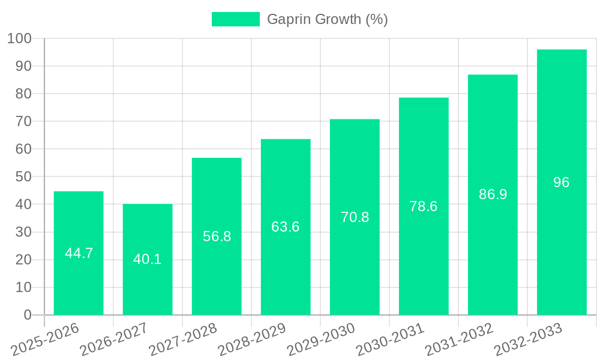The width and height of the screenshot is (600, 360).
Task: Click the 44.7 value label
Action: click(x=79, y=253)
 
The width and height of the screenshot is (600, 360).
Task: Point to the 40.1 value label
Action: click(x=148, y=259)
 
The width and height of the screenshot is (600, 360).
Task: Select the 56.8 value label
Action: click(x=217, y=236)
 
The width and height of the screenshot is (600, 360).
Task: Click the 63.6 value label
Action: click(x=286, y=227)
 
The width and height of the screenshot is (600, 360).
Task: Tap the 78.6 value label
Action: click(x=424, y=206)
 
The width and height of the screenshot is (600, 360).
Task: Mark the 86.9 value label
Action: click(x=493, y=194)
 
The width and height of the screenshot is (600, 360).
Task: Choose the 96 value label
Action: click(x=562, y=182)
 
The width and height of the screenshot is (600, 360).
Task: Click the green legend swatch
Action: click(x=236, y=19)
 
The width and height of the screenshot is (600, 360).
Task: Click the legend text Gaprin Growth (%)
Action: click(x=327, y=19)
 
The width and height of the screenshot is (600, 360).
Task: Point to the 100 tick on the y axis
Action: click(x=19, y=38)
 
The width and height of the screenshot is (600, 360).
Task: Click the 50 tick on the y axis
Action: click(x=23, y=176)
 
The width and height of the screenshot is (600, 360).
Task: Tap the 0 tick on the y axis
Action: click(x=28, y=315)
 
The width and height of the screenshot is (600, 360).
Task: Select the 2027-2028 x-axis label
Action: click(x=183, y=340)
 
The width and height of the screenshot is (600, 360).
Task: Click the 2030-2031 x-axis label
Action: click(x=390, y=340)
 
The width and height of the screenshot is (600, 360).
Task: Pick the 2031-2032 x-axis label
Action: click(x=459, y=340)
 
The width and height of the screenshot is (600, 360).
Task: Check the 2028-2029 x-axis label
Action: click(x=252, y=340)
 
